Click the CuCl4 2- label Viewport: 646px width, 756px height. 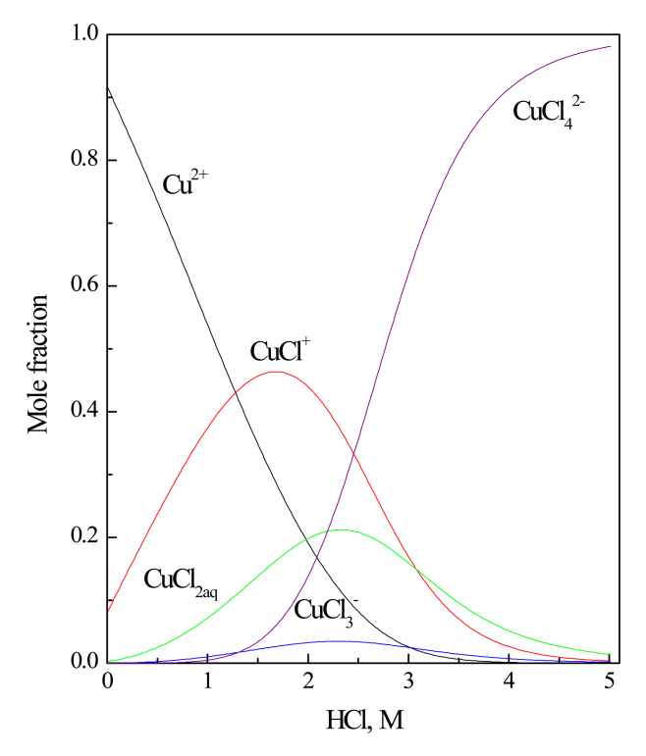(556, 112)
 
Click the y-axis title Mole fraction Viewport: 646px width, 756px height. (39, 348)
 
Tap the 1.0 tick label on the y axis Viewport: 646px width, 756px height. (77, 34)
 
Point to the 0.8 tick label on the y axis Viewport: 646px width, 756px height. (77, 160)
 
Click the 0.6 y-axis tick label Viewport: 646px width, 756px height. (77, 285)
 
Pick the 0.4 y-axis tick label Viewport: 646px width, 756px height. (77, 411)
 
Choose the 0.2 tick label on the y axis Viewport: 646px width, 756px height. (77, 537)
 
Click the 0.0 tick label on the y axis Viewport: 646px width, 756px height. (77, 663)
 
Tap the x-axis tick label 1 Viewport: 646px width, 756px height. (207, 683)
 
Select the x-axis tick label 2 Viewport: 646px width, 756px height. (308, 683)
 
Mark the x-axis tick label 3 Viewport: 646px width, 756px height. (409, 683)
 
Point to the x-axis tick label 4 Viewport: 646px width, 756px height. (510, 683)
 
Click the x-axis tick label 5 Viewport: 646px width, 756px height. (611, 683)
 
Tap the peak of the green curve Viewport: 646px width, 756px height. (339, 529)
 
